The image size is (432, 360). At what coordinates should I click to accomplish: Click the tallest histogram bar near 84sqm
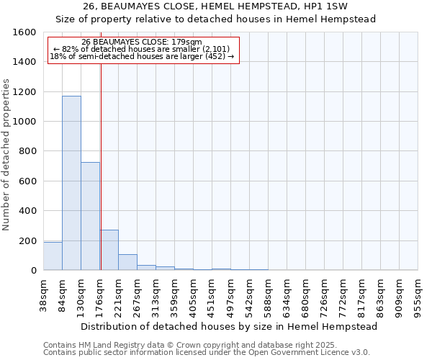tap(71, 183)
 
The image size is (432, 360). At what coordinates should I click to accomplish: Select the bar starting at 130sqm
tap(90, 216)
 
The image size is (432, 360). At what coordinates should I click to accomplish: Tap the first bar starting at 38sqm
tap(53, 256)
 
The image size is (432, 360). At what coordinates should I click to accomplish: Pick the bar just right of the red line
tap(109, 250)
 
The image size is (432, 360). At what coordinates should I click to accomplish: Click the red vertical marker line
tap(101, 166)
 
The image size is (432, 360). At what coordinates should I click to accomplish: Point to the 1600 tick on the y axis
tap(24, 32)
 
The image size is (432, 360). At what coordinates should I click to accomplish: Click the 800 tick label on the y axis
tap(27, 151)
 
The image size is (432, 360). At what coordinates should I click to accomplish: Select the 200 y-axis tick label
tap(27, 240)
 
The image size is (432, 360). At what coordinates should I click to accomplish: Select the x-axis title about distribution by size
tap(229, 326)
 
